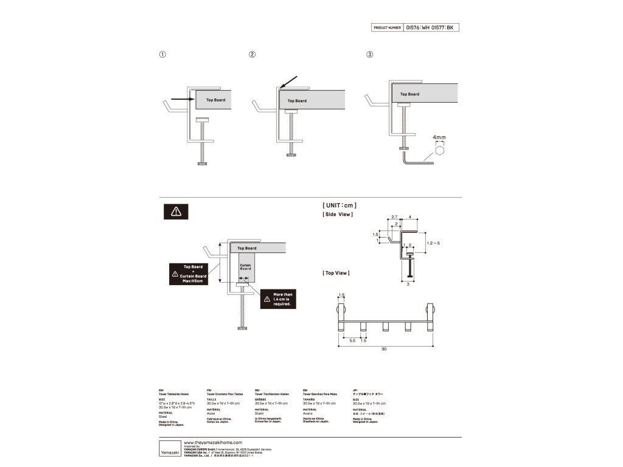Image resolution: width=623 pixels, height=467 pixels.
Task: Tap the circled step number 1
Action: tap(162, 54)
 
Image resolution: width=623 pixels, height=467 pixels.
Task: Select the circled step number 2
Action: tap(252, 54)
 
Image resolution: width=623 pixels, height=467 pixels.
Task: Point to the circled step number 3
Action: tap(369, 54)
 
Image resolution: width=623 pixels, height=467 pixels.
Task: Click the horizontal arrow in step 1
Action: tap(181, 99)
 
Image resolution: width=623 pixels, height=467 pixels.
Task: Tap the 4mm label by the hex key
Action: tap(440, 138)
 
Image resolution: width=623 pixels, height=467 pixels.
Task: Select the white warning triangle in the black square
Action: tap(176, 211)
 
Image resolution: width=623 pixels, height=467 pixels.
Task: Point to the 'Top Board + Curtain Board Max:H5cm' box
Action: tap(193, 274)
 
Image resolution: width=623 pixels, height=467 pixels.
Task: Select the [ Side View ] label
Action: tap(338, 214)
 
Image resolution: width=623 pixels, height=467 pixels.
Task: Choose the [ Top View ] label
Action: tap(336, 273)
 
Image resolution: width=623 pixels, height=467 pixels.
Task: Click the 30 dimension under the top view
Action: tap(384, 349)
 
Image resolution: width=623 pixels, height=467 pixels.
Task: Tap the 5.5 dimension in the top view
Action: tap(352, 341)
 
